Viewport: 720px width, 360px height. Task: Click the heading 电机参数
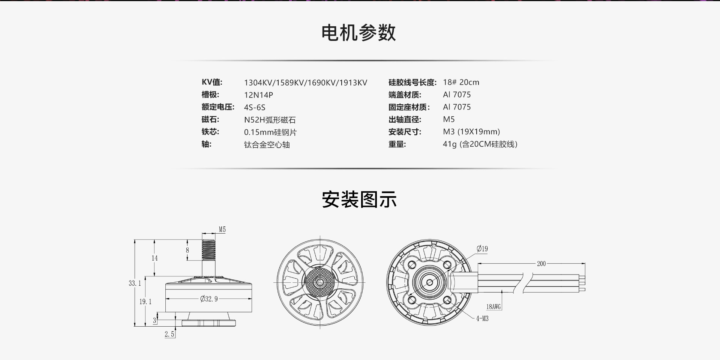(x=359, y=33)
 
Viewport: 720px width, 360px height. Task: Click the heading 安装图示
(x=359, y=199)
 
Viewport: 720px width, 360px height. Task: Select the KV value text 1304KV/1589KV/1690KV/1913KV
(x=306, y=82)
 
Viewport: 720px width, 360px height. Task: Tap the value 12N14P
(x=258, y=95)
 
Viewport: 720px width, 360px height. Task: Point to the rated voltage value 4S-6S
(x=255, y=107)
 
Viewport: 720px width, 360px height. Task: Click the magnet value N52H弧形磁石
(x=270, y=120)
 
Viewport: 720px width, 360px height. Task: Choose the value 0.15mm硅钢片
(x=270, y=132)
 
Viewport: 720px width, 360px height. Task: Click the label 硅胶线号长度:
(x=412, y=82)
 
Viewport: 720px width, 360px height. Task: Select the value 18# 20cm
(x=461, y=82)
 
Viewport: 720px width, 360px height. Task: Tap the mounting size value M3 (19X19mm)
(x=471, y=132)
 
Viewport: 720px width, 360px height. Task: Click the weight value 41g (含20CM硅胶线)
(x=480, y=144)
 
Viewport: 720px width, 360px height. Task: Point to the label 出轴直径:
(x=405, y=120)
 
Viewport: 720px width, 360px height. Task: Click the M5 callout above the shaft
(x=222, y=229)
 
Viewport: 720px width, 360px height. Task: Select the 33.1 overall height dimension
(x=135, y=283)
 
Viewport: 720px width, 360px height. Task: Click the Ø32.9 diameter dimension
(x=209, y=299)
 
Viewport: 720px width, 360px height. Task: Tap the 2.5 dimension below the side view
(x=169, y=334)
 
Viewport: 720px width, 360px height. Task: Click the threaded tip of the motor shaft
(x=209, y=250)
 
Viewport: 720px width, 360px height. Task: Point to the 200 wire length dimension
(x=541, y=264)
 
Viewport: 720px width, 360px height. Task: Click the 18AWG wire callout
(x=493, y=307)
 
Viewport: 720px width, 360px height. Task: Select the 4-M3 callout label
(x=482, y=319)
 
